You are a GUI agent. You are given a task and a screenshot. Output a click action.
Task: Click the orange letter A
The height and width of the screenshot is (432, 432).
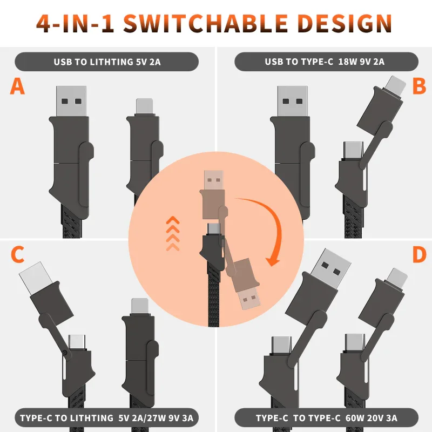pos(17,86)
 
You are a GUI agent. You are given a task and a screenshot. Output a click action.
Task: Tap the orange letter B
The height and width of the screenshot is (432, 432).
pos(419,86)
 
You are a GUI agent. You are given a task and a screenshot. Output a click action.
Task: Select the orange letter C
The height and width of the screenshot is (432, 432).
pos(17,254)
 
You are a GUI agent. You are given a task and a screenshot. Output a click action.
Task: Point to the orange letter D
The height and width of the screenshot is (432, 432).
pos(419,254)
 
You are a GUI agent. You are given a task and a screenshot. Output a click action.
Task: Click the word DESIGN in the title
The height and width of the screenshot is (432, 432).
pos(346,23)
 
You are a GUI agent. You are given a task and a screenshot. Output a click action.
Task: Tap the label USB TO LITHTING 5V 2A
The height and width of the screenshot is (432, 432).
pos(107,62)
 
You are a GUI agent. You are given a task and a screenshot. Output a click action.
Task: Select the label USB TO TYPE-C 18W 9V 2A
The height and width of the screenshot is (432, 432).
pos(325,62)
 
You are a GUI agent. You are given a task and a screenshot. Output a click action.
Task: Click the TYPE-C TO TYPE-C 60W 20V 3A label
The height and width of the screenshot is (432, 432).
pos(326,418)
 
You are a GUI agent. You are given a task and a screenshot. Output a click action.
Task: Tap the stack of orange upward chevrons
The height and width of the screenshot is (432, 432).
pos(173,232)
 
